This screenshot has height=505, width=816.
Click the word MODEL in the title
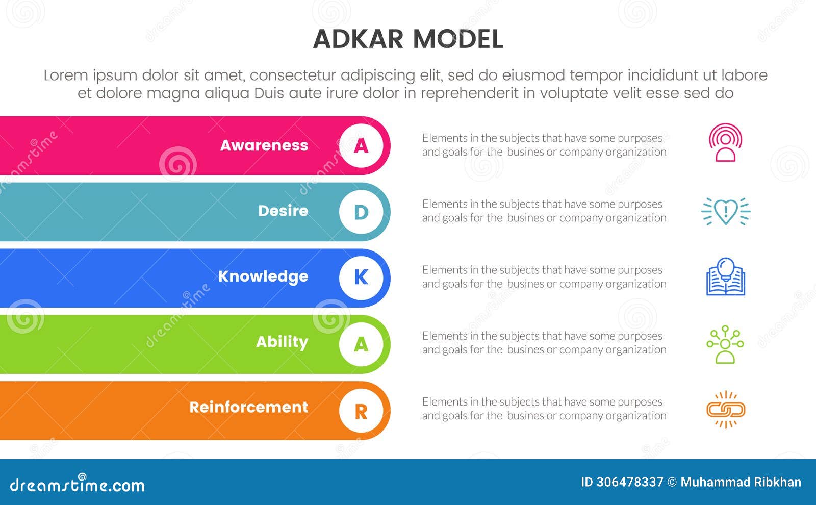click(457, 39)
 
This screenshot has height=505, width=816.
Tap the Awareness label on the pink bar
click(264, 145)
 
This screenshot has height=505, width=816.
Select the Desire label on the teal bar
click(283, 211)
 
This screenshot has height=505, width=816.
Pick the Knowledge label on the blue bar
click(263, 276)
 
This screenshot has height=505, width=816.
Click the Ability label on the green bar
click(282, 342)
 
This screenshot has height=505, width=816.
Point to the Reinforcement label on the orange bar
click(249, 407)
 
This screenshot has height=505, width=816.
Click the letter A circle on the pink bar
click(361, 146)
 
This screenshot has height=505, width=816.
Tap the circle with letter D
click(361, 212)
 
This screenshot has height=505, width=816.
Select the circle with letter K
click(361, 277)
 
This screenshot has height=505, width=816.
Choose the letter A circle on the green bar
click(361, 344)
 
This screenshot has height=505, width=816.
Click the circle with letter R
click(361, 410)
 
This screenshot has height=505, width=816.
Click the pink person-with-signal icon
click(725, 143)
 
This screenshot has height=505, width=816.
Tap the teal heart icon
click(726, 211)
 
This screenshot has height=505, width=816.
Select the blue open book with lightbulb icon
click(726, 277)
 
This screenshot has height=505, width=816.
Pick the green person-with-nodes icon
click(725, 344)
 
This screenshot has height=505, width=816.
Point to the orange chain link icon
click(726, 410)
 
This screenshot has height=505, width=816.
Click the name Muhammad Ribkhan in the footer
click(741, 482)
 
